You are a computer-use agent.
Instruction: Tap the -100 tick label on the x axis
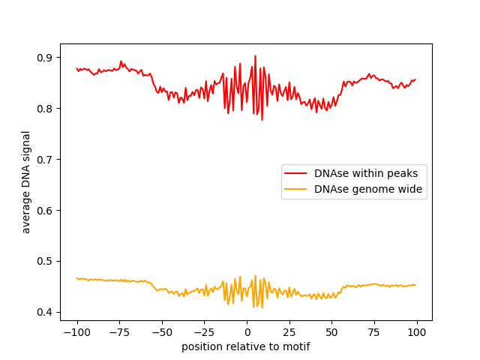click(x=76, y=332)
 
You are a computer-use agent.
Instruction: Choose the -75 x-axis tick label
click(x=119, y=332)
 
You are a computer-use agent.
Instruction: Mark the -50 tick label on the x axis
click(x=161, y=332)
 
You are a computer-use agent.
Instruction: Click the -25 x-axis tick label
click(x=204, y=332)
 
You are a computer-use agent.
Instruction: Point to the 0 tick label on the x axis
click(x=247, y=332)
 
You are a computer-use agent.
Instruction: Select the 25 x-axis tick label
click(x=289, y=332)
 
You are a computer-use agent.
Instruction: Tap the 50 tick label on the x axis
click(x=332, y=332)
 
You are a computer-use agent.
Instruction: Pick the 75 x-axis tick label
click(x=375, y=332)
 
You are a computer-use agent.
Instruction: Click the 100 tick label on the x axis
click(x=417, y=332)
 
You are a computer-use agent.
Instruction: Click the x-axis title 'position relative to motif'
click(x=246, y=346)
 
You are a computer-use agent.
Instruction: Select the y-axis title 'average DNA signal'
click(x=26, y=182)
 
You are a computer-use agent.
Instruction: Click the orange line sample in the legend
click(x=298, y=190)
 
